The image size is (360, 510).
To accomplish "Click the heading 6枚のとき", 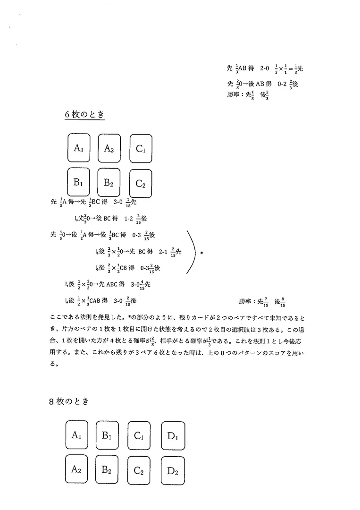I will click(84, 114).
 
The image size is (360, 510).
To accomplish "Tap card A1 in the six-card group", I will click(78, 148).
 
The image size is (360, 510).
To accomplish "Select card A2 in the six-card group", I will click(109, 148).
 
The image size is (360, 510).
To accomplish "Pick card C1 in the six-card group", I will click(141, 148).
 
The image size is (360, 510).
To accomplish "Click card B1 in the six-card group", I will click(78, 182).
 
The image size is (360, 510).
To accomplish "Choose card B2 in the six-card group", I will click(109, 182).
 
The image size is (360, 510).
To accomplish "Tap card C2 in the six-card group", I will click(141, 183).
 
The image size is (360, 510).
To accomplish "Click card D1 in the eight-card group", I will click(172, 435).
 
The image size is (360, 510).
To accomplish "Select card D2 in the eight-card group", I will click(172, 470).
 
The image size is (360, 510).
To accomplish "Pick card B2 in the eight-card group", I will click(107, 470).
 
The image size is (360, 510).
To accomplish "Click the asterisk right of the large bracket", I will click(201, 253).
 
